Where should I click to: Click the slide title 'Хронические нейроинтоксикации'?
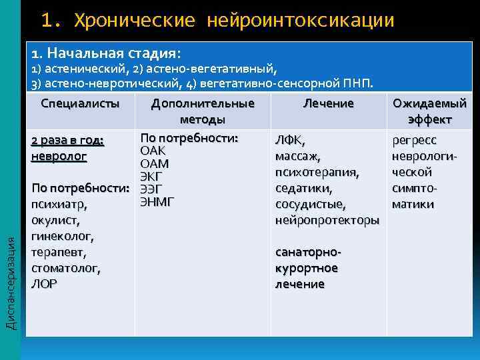tap(233, 20)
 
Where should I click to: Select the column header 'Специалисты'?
tap(81, 103)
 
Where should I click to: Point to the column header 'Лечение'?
tap(328, 103)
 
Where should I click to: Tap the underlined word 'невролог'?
tap(59, 156)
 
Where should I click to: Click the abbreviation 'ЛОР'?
tap(44, 283)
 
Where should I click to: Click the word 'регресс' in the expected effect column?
tap(415, 140)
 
